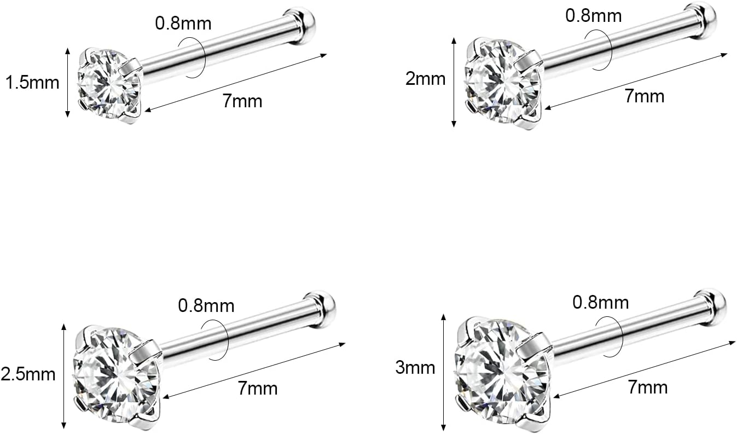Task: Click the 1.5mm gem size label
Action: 31,83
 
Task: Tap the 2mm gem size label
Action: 425,79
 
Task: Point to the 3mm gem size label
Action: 415,367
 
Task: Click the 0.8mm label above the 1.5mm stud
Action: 183,24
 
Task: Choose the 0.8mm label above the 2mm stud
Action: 593,15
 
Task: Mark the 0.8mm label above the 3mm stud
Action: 601,302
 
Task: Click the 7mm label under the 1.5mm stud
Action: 242,101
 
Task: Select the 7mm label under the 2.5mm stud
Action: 258,389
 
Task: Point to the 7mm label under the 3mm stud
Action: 648,387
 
